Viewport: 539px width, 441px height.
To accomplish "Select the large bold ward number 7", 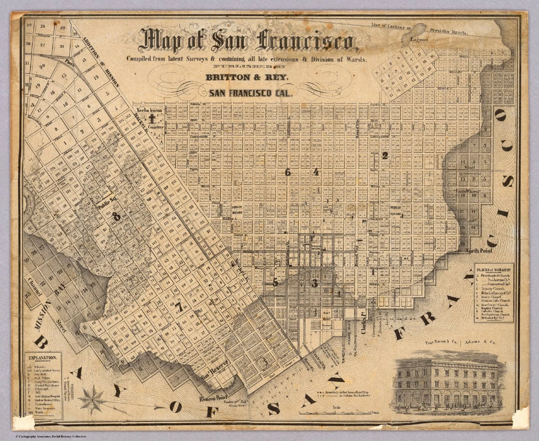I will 181,308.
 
